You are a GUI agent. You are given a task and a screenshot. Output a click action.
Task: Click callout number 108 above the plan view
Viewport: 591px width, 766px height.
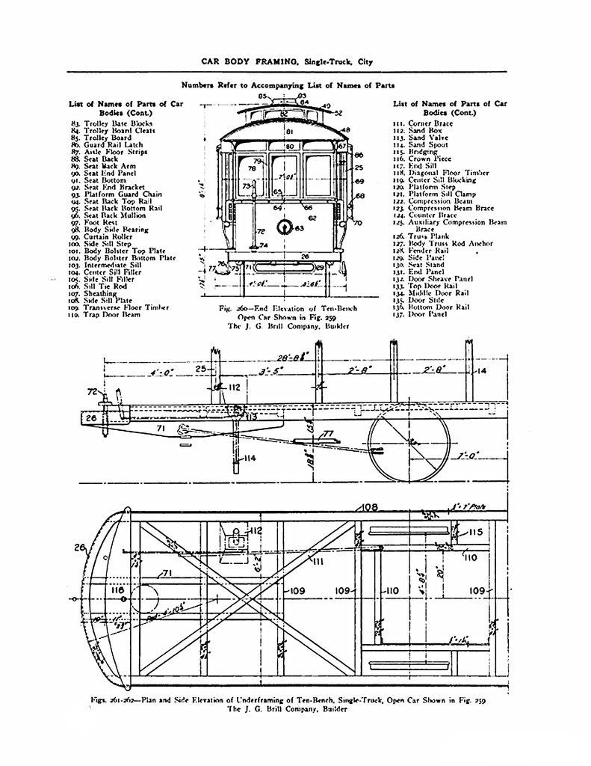click(x=369, y=507)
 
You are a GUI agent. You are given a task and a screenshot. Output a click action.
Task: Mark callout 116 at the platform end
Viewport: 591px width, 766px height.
click(x=117, y=590)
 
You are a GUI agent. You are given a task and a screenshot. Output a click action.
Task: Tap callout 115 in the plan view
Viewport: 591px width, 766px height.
click(x=478, y=532)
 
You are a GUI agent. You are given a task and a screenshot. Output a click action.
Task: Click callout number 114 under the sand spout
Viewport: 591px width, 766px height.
click(x=249, y=458)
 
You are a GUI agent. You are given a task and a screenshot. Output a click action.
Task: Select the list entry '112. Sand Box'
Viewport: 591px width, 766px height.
click(x=418, y=130)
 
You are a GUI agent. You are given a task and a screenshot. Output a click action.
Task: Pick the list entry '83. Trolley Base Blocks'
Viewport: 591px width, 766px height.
click(x=109, y=122)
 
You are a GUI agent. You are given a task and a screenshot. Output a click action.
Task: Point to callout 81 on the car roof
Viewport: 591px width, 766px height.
click(x=288, y=132)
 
